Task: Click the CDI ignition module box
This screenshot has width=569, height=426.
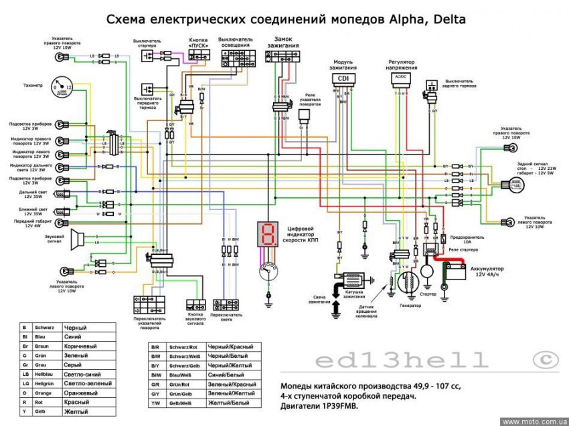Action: click(x=343, y=78)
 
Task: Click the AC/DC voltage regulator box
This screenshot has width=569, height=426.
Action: click(x=401, y=78)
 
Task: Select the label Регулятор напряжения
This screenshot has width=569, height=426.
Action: click(x=402, y=64)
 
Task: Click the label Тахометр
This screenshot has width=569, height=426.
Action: click(x=32, y=86)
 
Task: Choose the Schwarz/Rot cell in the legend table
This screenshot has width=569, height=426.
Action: click(x=183, y=347)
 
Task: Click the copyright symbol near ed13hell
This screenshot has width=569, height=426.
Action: click(x=545, y=360)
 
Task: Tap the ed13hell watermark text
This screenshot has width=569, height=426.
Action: click(x=402, y=361)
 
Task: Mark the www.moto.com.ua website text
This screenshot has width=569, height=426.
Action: click(x=534, y=421)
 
